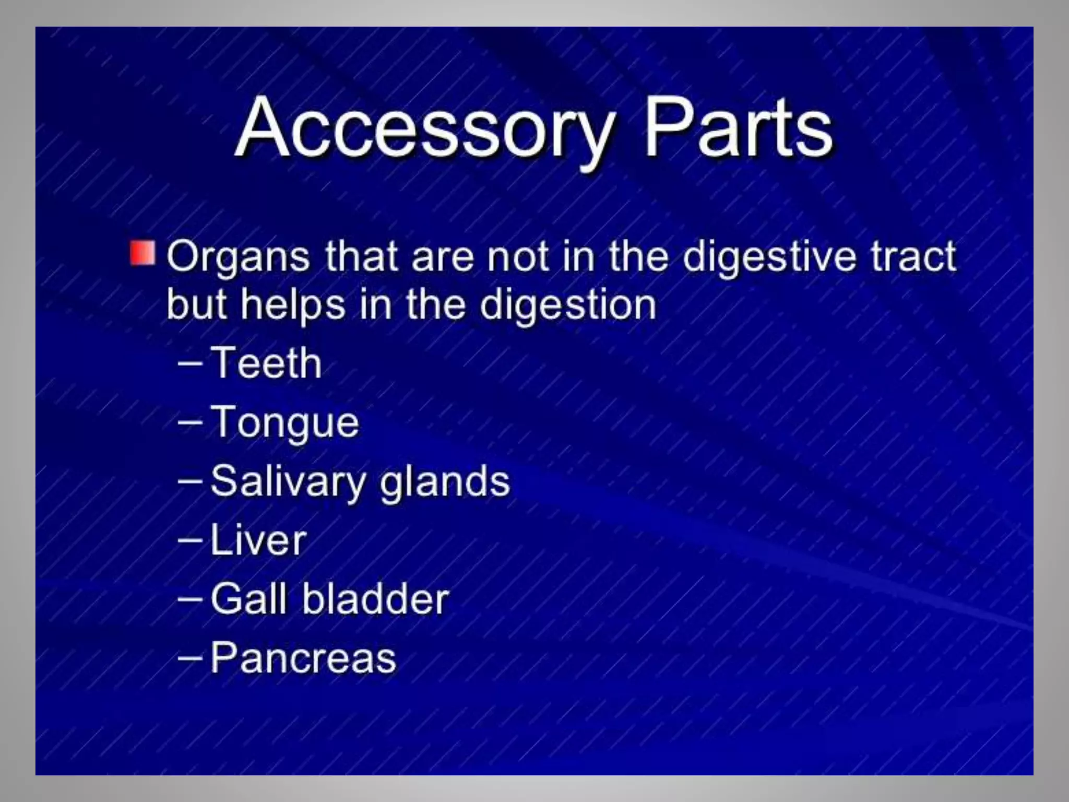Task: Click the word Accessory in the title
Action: pyautogui.click(x=425, y=128)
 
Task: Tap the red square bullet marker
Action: pyautogui.click(x=142, y=253)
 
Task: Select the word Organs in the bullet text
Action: pyautogui.click(x=238, y=257)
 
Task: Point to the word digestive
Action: pyautogui.click(x=769, y=257)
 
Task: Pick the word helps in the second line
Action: pyautogui.click(x=293, y=305)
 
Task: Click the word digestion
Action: pyautogui.click(x=568, y=305)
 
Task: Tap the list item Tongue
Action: pyautogui.click(x=285, y=423)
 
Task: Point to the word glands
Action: pyautogui.click(x=445, y=481)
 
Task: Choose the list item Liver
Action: pyautogui.click(x=258, y=540)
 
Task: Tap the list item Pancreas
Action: pyautogui.click(x=303, y=658)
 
